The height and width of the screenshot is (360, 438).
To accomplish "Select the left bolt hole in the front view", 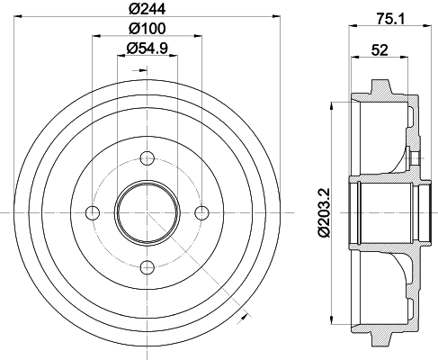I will [x=92, y=212].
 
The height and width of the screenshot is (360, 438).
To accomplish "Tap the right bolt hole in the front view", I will [x=201, y=212].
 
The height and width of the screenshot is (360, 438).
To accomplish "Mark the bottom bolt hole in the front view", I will [x=146, y=266].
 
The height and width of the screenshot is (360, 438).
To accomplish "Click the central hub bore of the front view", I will [x=146, y=212].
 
